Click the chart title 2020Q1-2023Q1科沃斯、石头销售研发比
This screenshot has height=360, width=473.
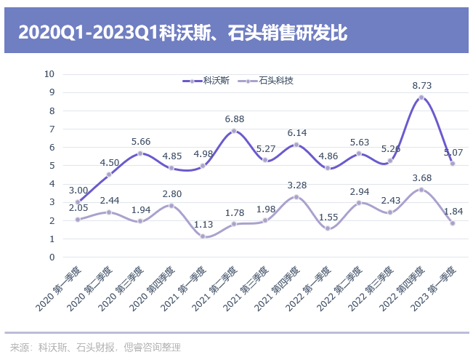tap(182, 32)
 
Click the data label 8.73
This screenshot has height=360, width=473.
tap(421, 85)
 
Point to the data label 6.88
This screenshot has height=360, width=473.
tap(234, 119)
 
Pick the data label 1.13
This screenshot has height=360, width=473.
tap(203, 224)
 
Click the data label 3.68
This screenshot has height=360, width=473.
tap(421, 177)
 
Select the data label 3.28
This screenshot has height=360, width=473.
tap(296, 185)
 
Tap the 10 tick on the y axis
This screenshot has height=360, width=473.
tap(49, 74)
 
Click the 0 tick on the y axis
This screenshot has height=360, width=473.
tap(52, 257)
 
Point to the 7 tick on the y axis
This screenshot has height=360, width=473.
tap(52, 129)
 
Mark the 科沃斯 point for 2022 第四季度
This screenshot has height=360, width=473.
tap(421, 97)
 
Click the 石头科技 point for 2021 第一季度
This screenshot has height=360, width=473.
tap(203, 236)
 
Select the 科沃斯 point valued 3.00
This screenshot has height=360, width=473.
tap(78, 202)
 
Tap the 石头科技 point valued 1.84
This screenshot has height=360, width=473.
tap(453, 223)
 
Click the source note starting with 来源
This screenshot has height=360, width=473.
tap(94, 348)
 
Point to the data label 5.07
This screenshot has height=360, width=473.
tap(453, 153)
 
